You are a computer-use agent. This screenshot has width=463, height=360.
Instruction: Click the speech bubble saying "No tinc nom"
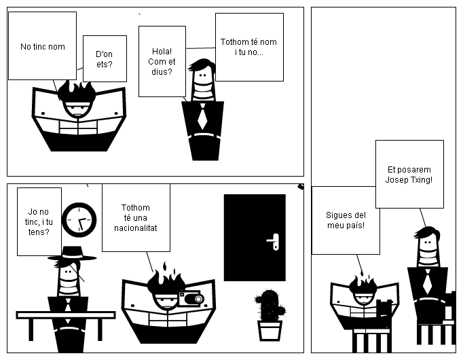41,46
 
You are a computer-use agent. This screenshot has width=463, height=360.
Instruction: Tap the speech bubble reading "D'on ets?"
105,58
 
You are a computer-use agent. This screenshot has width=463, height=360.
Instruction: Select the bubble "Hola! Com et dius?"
162,61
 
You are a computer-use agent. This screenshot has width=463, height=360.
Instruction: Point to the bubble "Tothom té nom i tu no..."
248,47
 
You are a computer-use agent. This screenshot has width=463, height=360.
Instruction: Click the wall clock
79,219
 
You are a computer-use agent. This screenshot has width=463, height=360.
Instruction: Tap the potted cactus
270,313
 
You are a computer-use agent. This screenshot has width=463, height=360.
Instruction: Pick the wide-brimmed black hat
71,253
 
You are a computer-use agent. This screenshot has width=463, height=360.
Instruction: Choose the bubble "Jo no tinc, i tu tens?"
39,221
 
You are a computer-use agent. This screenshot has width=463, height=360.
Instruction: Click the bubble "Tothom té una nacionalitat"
136,217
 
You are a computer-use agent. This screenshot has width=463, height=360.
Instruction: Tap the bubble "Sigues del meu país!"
345,220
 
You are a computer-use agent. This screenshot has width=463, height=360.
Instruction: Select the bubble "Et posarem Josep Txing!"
409,175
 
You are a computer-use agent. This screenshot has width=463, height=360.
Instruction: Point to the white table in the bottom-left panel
65,316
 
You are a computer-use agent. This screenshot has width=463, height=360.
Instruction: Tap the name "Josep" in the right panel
397,180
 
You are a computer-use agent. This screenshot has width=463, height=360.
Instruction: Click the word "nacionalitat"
136,228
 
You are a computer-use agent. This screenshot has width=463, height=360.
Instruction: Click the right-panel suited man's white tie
426,281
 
